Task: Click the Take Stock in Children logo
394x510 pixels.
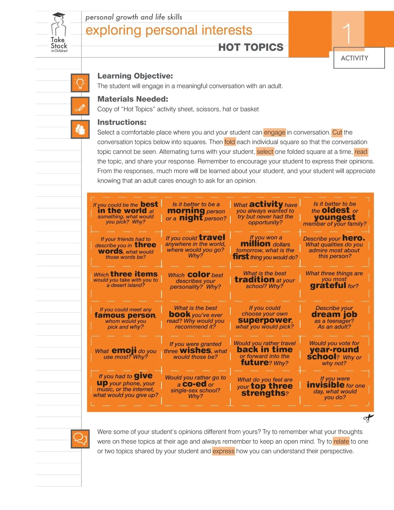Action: coord(59,33)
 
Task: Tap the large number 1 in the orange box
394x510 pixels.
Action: coord(347,33)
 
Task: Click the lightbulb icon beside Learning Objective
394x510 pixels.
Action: coord(80,83)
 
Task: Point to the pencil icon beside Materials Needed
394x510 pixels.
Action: coord(80,106)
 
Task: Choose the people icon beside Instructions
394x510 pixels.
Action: coord(80,129)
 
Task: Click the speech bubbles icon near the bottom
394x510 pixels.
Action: coord(80,439)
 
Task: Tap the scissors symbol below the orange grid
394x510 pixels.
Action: coord(368,418)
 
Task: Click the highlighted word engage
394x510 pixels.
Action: coord(274,132)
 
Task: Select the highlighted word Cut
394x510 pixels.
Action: coord(337,132)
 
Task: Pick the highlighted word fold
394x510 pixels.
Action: coord(230,142)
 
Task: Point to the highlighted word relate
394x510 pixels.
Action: coord(341,441)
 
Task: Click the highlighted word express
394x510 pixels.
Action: coord(223,451)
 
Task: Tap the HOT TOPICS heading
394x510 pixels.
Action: coord(251,48)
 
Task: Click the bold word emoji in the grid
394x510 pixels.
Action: coord(124,350)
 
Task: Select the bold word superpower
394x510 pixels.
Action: coord(265,320)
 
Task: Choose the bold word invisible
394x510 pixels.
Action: coord(325,385)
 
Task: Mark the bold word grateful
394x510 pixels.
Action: coord(328,285)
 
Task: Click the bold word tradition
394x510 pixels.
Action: coord(254,279)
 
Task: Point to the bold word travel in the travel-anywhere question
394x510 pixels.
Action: coord(212,237)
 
